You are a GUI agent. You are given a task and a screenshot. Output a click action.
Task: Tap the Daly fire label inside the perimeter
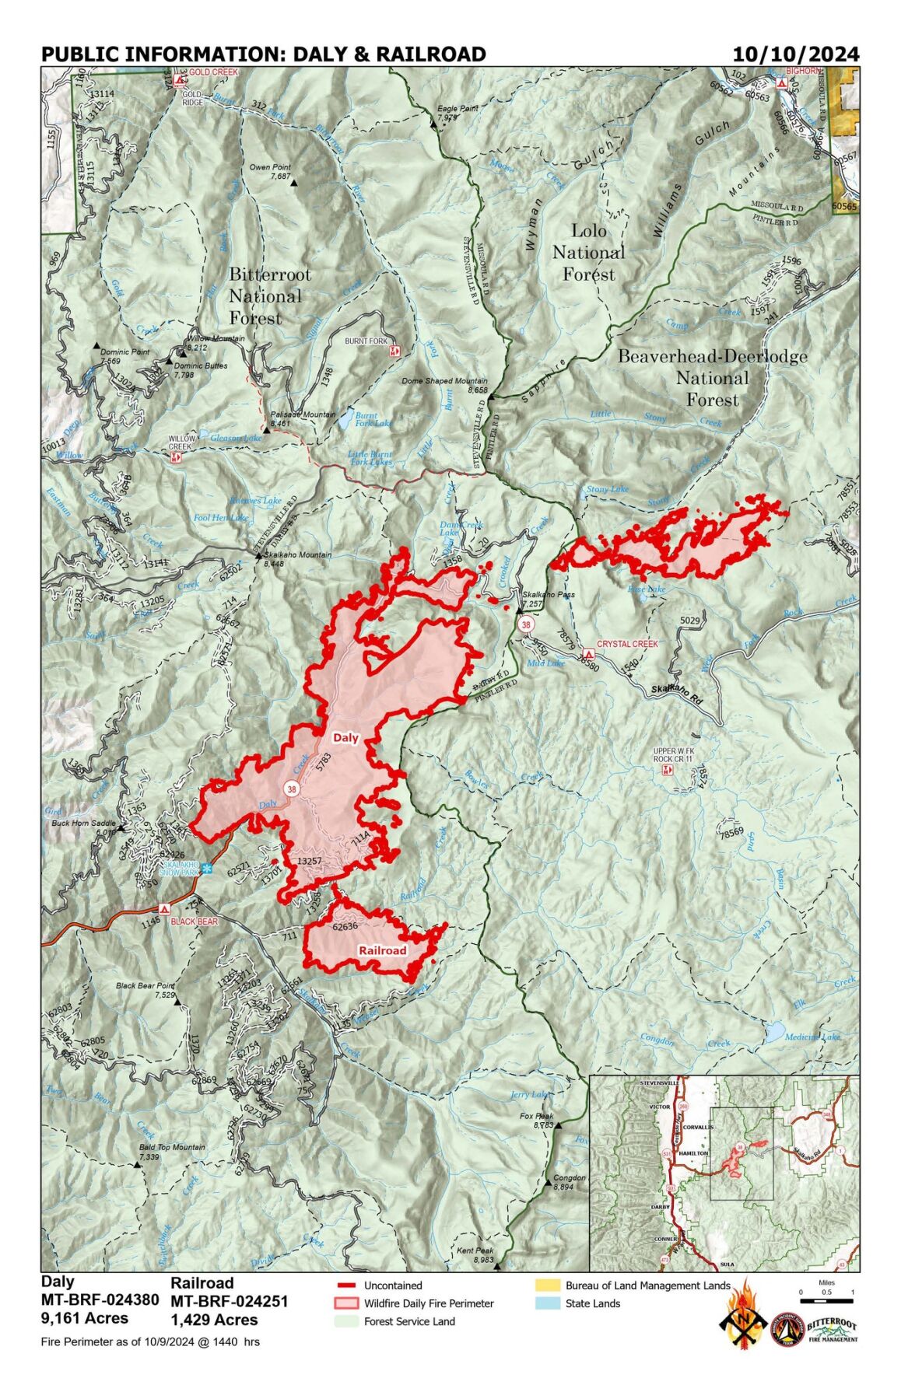(345, 737)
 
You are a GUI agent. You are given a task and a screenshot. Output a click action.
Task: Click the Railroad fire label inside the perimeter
(382, 950)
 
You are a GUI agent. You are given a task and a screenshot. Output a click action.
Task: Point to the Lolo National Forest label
(589, 252)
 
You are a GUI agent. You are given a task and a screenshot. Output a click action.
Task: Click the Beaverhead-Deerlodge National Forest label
(712, 378)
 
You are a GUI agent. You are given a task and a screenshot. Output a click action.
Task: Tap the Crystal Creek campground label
(627, 644)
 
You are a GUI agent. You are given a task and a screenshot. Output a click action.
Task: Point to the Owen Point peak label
(270, 168)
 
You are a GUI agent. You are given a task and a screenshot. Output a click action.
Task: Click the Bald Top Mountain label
(172, 1147)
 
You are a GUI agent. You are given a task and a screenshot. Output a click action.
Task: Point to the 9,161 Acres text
(85, 1318)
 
